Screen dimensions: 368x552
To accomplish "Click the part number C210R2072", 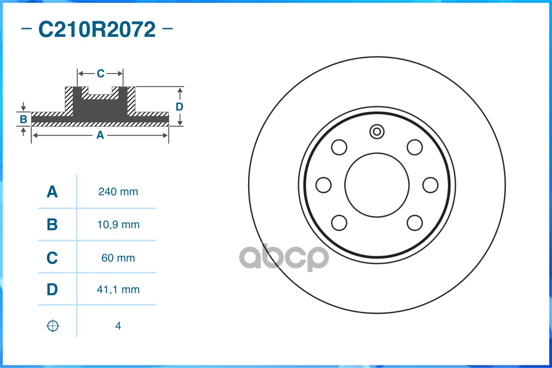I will [x=97, y=30].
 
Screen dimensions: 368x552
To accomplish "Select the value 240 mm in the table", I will [x=118, y=192].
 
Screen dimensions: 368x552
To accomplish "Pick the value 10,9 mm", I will [x=118, y=225].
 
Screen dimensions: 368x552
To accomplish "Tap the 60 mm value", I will [x=118, y=258].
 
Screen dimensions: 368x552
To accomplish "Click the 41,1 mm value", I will [x=118, y=290].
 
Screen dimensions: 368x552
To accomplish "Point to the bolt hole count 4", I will [x=118, y=326].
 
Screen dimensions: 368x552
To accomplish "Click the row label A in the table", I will [x=52, y=192].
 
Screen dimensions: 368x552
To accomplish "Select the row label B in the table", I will [x=52, y=225].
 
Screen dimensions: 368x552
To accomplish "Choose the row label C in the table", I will [x=52, y=258].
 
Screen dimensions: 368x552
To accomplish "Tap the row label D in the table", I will [x=52, y=290].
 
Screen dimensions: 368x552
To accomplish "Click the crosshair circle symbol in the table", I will [x=53, y=326].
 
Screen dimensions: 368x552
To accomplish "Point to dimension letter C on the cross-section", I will [x=100, y=73].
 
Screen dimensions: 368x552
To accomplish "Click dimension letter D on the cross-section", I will [x=180, y=107].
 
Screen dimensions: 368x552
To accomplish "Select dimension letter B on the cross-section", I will [x=23, y=120].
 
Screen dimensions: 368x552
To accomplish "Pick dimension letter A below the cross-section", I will [x=100, y=135].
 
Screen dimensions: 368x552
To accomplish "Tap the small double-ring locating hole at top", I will [x=377, y=132].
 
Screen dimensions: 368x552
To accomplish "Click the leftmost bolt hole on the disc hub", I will [x=324, y=185].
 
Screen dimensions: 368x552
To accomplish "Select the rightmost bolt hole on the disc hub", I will [x=430, y=185].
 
